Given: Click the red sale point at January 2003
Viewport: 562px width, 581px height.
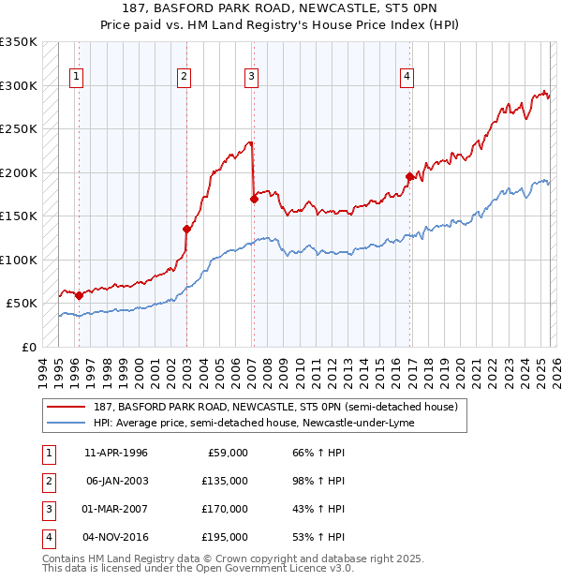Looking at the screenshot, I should click(x=186, y=229).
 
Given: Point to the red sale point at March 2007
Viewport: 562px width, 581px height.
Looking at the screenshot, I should click(x=254, y=199).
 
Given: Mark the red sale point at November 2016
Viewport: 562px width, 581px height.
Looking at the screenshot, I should click(x=409, y=176).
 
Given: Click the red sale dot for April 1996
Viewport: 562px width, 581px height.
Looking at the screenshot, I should click(x=79, y=295).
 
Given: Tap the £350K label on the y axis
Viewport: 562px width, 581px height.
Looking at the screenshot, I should click(x=18, y=42).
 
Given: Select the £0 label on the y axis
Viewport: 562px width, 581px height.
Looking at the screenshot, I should click(x=28, y=347).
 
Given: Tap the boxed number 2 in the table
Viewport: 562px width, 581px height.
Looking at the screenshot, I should click(x=47, y=481).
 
